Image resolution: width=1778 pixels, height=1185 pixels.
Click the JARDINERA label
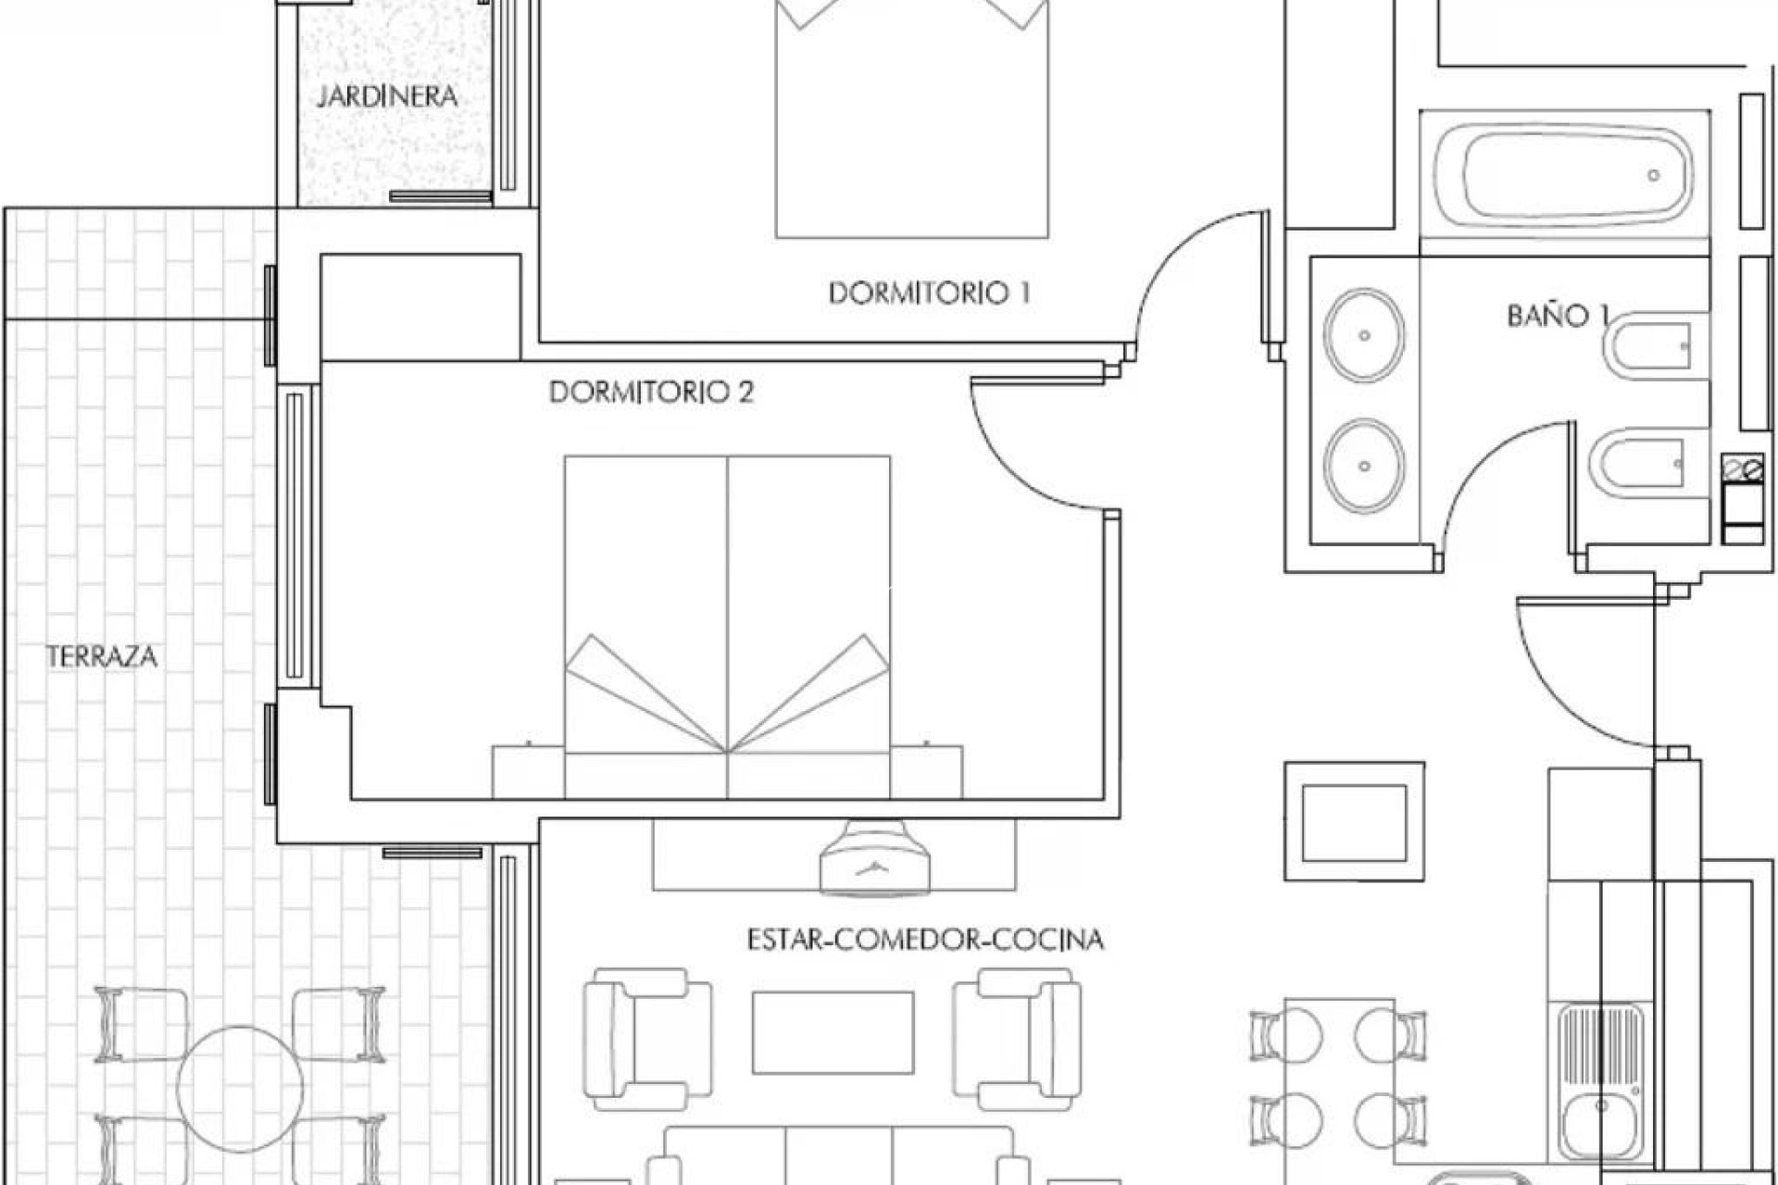[x=387, y=96]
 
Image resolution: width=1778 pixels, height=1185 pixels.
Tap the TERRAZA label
[x=102, y=657]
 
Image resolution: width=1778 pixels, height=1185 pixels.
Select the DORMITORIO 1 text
[x=929, y=293]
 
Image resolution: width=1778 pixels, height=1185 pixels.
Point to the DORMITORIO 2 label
[x=651, y=393]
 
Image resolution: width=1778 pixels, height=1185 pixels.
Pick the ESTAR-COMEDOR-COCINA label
[x=925, y=941]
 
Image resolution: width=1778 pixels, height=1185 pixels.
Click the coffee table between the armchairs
[x=833, y=1032]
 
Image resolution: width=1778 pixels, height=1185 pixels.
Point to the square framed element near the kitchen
[x=1354, y=821]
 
